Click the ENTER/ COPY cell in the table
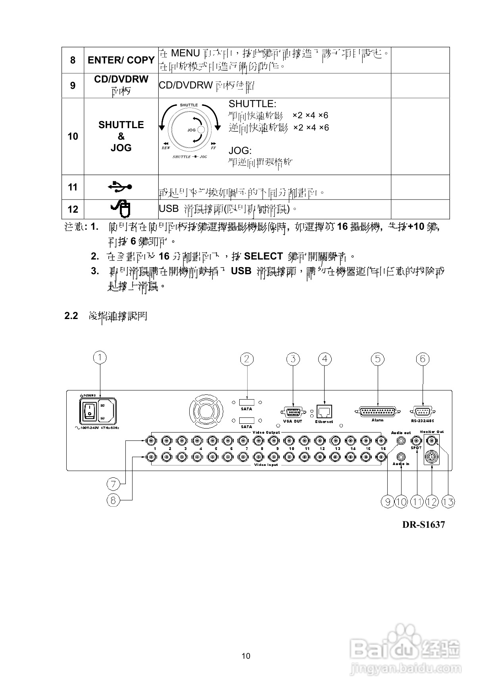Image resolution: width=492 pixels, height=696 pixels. tap(121, 60)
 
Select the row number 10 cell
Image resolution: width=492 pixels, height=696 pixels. tap(73, 137)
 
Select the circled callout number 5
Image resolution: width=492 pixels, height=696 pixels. tap(377, 359)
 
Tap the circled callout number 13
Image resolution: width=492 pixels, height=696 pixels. tap(448, 502)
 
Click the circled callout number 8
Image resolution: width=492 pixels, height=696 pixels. tap(113, 500)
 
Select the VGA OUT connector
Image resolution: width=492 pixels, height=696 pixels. tap(293, 412)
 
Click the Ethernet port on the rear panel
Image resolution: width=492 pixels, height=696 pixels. tap(324, 411)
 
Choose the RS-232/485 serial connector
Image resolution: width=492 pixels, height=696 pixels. tap(422, 411)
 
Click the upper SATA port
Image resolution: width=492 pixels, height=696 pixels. tap(247, 402)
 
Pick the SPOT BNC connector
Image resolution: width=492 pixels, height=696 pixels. tap(416, 440)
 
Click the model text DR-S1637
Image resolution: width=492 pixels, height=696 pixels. tap(423, 525)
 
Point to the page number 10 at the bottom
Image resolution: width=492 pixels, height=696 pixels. tap(246, 656)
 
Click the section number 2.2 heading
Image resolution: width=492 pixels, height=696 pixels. tap(71, 316)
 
